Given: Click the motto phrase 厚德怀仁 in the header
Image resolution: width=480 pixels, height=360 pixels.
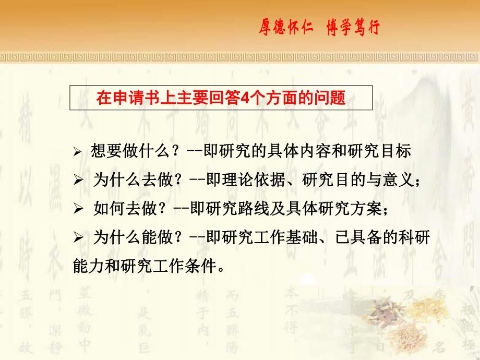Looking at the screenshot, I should [x=286, y=27].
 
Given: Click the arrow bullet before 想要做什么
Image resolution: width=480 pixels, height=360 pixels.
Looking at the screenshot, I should [x=78, y=152].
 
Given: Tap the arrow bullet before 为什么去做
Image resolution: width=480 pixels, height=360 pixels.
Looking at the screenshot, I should [x=78, y=181].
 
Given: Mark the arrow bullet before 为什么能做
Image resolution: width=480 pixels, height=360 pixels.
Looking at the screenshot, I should [x=78, y=238].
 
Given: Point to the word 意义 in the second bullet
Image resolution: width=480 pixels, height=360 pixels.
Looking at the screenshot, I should [x=399, y=181].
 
